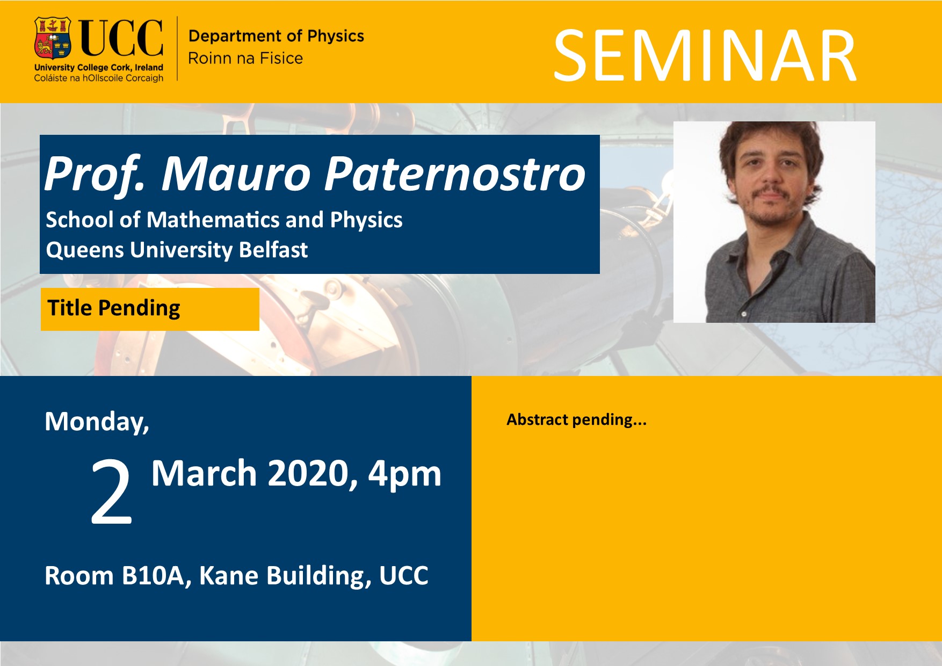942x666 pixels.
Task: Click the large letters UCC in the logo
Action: coord(121,38)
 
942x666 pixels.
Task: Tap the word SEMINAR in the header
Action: coord(705,56)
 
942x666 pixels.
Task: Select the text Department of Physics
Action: coord(276,36)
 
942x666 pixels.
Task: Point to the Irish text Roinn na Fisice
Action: coord(245,58)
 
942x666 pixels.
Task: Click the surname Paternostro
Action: coord(455,173)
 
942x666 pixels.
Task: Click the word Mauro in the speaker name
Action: coord(237,173)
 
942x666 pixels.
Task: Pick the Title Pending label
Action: coord(114,308)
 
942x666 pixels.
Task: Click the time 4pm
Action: coord(404,475)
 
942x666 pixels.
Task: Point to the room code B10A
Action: coord(155,576)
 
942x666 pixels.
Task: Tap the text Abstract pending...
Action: coord(576,419)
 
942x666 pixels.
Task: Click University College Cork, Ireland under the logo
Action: coord(99,68)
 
